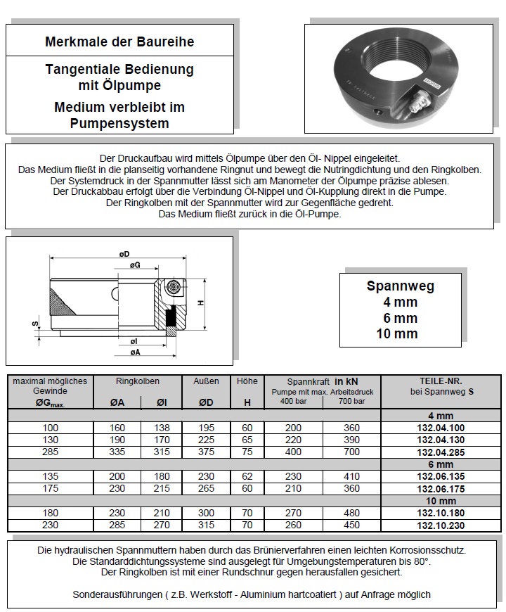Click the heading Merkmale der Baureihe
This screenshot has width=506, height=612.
pos(119,42)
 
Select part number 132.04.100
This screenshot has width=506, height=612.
pos(441,428)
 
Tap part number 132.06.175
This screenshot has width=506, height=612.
pos(441,488)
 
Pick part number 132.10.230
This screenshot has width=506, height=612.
pos(441,525)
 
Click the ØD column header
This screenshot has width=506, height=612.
pos(206,403)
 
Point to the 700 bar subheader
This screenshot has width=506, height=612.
pos(351,402)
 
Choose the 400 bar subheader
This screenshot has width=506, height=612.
pos(294,402)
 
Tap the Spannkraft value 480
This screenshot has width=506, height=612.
pos(351,513)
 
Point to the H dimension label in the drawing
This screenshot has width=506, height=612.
pos(201,303)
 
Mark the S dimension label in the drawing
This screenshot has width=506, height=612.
pos(34,324)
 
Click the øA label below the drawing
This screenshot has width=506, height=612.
pos(134,352)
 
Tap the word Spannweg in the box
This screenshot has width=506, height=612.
pos(401,286)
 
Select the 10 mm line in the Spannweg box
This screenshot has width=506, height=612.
pos(401,333)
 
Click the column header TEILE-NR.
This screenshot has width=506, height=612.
pos(441,382)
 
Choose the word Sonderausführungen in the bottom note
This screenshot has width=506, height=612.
pos(112,594)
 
